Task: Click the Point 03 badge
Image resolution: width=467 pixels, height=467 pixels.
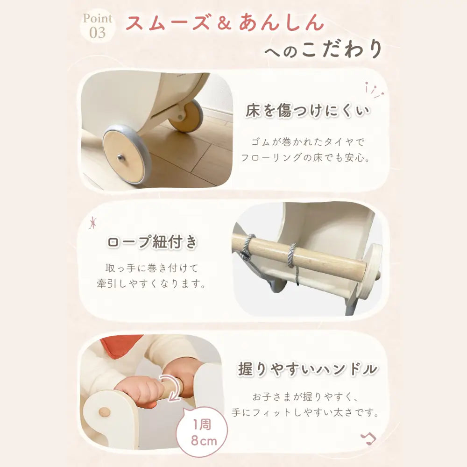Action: click(x=98, y=26)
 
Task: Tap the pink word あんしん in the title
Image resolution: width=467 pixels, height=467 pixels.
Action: click(x=281, y=22)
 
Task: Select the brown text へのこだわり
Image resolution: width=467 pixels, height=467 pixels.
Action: click(x=323, y=50)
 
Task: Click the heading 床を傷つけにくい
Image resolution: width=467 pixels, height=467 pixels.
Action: click(x=308, y=111)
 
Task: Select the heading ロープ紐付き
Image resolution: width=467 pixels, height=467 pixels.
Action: click(x=153, y=243)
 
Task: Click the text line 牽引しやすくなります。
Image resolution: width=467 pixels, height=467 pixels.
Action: click(x=151, y=284)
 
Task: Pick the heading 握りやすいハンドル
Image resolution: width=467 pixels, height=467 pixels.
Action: click(x=307, y=369)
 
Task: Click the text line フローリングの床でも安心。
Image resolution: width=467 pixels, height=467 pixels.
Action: click(x=305, y=158)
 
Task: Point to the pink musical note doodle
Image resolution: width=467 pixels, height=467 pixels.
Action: click(x=369, y=439)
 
